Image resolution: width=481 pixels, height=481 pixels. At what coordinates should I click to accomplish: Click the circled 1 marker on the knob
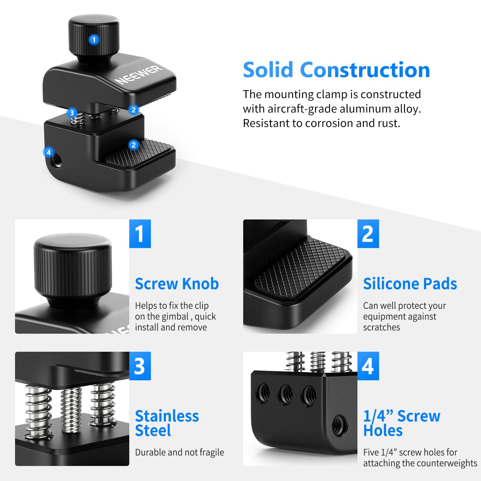94,40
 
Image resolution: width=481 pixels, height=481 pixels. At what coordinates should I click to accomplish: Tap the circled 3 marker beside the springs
72,113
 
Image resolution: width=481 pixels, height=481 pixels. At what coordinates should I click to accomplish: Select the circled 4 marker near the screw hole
49,152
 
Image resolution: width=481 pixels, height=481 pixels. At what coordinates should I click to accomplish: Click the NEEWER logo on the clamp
138,75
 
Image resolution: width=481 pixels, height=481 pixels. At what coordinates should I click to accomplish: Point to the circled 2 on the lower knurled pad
133,145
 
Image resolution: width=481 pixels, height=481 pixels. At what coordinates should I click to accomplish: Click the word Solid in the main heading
268,70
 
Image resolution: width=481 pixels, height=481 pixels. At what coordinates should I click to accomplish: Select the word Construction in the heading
365,70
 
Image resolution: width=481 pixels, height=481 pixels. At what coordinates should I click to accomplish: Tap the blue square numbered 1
140,234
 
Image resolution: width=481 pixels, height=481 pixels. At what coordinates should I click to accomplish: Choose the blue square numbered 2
368,234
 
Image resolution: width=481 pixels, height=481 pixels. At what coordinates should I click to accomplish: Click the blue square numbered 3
140,366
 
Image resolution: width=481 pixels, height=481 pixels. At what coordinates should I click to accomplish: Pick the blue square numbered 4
368,366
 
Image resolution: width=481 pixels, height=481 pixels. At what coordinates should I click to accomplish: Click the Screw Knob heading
177,284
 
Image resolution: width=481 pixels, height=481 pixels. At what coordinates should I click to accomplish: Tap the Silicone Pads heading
410,284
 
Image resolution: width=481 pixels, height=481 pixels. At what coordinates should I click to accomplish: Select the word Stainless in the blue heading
167,416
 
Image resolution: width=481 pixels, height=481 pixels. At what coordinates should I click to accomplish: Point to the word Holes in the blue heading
383,430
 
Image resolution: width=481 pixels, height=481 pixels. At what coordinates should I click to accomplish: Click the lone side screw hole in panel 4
340,425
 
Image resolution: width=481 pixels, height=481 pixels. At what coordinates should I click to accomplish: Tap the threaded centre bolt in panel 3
71,409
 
